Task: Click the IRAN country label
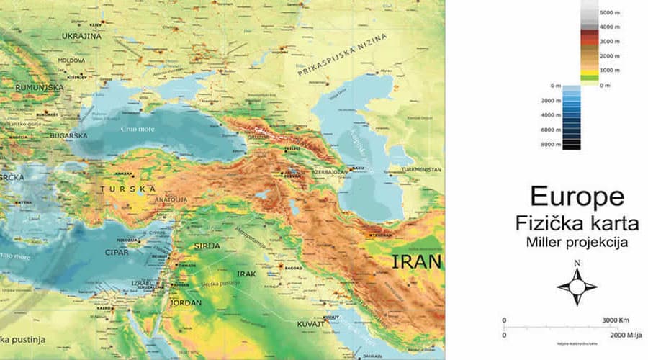coord(416,262)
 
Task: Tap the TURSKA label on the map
coord(127,189)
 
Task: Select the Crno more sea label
coord(137,128)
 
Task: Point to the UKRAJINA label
coord(81,35)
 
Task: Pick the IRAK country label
coord(246,274)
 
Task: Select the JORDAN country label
coord(185,303)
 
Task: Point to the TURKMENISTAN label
coord(420,170)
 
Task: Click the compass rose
coord(577,286)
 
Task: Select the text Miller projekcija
coord(577,243)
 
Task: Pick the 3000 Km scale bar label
coord(616,320)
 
